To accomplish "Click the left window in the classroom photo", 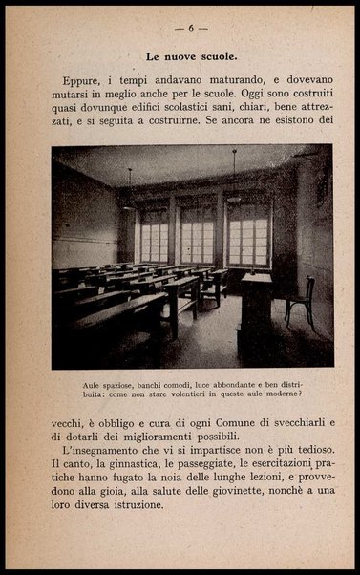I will tap(154, 235).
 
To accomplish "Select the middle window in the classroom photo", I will tap(197, 233).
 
